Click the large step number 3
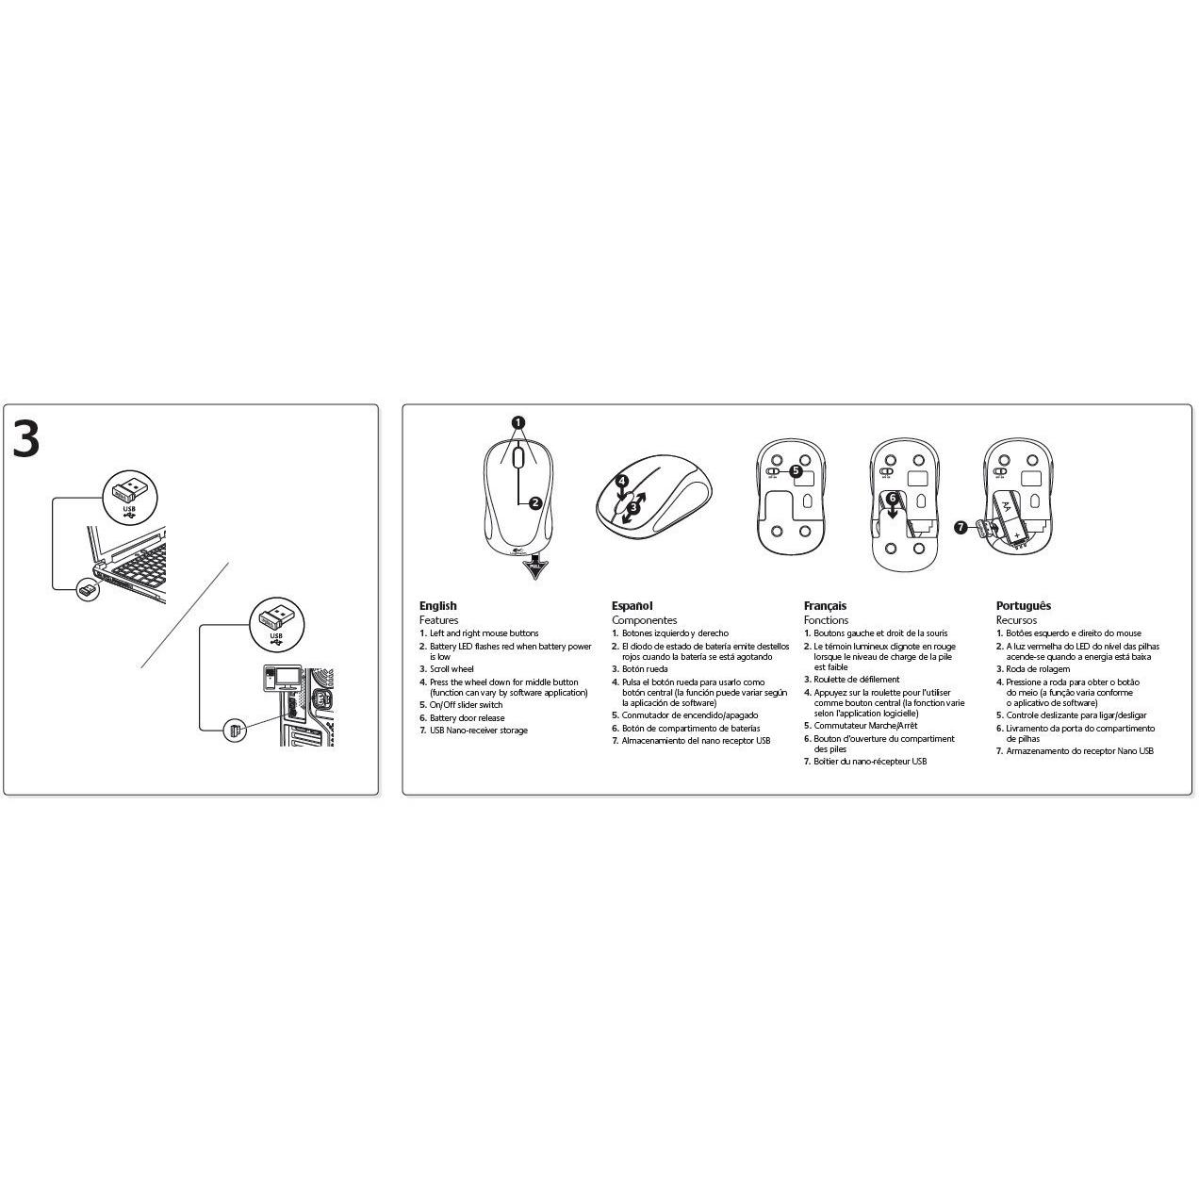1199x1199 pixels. tap(26, 439)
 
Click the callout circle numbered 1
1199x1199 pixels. tap(517, 423)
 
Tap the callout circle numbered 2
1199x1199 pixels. tap(535, 502)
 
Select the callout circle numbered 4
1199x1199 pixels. tap(621, 481)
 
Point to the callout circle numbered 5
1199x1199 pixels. tap(796, 471)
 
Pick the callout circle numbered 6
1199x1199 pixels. tap(893, 498)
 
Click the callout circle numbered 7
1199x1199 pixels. tap(961, 528)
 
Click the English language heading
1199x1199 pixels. tap(438, 605)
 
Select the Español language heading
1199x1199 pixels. tap(632, 605)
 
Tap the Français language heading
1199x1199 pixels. tap(825, 605)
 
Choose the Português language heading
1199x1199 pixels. tap(1024, 605)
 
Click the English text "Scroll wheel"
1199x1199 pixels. tap(452, 669)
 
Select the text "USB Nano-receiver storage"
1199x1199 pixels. tap(479, 730)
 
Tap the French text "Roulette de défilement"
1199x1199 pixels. tap(857, 680)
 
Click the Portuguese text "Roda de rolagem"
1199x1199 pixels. tap(1038, 669)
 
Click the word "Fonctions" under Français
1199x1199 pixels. tap(826, 619)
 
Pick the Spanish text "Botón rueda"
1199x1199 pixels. tap(645, 669)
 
